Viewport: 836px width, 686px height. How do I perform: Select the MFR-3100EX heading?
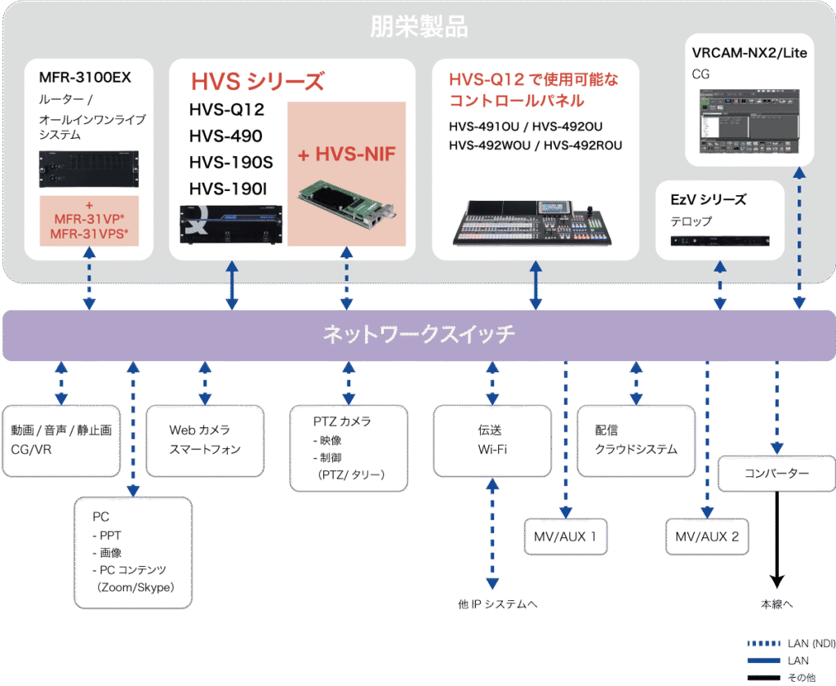pyautogui.click(x=85, y=78)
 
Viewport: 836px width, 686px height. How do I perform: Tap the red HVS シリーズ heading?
pyautogui.click(x=257, y=82)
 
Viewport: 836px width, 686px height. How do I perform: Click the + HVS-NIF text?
pyautogui.click(x=346, y=154)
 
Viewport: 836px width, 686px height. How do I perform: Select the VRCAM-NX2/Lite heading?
pyautogui.click(x=749, y=53)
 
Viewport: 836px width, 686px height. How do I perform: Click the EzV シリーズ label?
pyautogui.click(x=708, y=199)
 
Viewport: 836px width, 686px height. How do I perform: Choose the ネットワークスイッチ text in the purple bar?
pyautogui.click(x=419, y=335)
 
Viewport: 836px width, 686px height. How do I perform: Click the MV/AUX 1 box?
pyautogui.click(x=566, y=537)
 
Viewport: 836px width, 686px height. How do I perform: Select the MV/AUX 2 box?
pyautogui.click(x=707, y=537)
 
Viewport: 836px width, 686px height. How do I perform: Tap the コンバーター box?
pyautogui.click(x=776, y=474)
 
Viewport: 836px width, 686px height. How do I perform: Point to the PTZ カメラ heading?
pyautogui.click(x=342, y=421)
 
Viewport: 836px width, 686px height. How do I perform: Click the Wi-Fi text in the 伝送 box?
pyautogui.click(x=492, y=449)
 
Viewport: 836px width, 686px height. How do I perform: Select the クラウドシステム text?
pyautogui.click(x=636, y=449)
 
